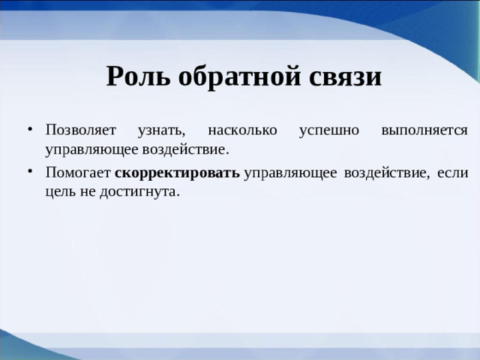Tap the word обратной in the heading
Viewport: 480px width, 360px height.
(238, 77)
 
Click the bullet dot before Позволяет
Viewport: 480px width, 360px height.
(28, 130)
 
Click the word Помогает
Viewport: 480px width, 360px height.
(76, 173)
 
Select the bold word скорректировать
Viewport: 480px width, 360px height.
(178, 173)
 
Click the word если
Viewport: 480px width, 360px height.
(454, 173)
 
